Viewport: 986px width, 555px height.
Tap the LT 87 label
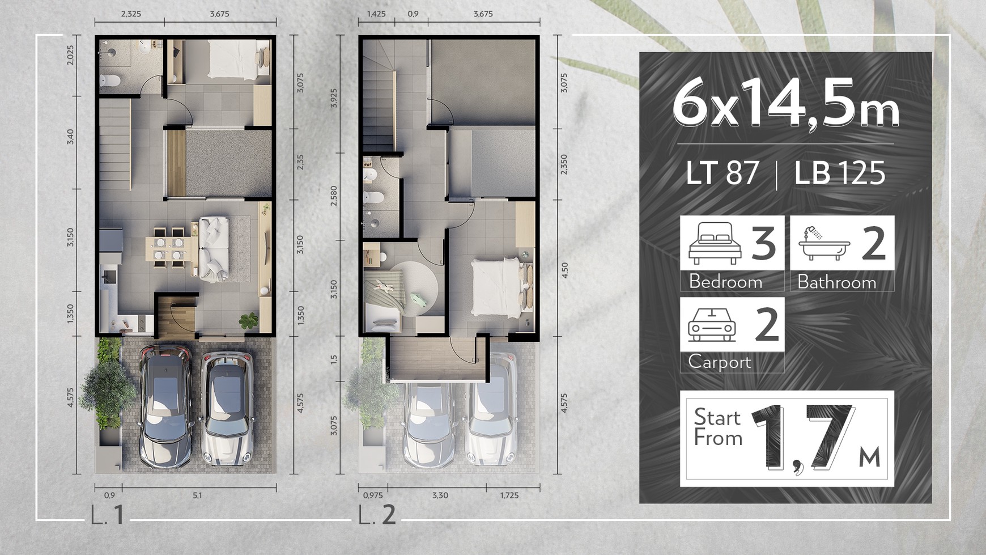pyautogui.click(x=722, y=173)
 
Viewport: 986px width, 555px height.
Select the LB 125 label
pyautogui.click(x=839, y=173)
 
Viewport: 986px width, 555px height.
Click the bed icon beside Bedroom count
pyautogui.click(x=715, y=243)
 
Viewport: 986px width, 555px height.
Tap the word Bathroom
pyautogui.click(x=837, y=282)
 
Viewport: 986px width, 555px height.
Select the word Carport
pyautogui.click(x=720, y=362)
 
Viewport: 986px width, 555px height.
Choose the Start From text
pyautogui.click(x=718, y=428)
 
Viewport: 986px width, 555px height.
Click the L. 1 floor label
pyautogui.click(x=107, y=516)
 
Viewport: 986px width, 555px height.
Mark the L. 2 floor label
pyautogui.click(x=377, y=516)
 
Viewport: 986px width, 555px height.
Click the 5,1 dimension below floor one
pyautogui.click(x=197, y=495)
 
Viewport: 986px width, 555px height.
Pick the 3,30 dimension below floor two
pyautogui.click(x=440, y=495)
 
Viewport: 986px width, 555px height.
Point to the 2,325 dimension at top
pyautogui.click(x=131, y=14)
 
